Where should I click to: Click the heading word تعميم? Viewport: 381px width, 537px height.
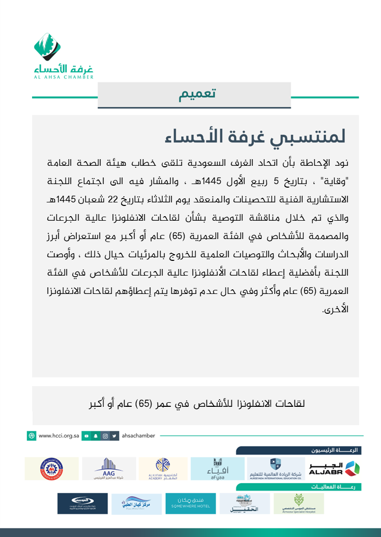tap(197, 95)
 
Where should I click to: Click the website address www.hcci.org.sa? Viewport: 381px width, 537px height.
tap(60, 436)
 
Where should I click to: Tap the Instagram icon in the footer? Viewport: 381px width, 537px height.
tap(105, 436)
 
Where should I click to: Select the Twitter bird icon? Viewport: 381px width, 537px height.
tap(114, 436)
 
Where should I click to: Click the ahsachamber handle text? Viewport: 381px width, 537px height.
tap(139, 436)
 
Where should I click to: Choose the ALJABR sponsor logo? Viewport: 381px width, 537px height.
tap(334, 469)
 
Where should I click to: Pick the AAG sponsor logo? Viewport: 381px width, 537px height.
tap(109, 469)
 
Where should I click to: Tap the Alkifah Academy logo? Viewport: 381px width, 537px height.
tap(163, 469)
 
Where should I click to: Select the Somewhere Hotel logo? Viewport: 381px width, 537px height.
tap(190, 503)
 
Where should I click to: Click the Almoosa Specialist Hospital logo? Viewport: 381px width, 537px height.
tap(298, 503)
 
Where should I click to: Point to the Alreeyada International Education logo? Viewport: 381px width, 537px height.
tap(275, 469)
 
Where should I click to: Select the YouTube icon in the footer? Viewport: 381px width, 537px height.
tap(87, 436)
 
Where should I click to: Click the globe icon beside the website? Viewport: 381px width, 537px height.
tap(32, 436)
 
